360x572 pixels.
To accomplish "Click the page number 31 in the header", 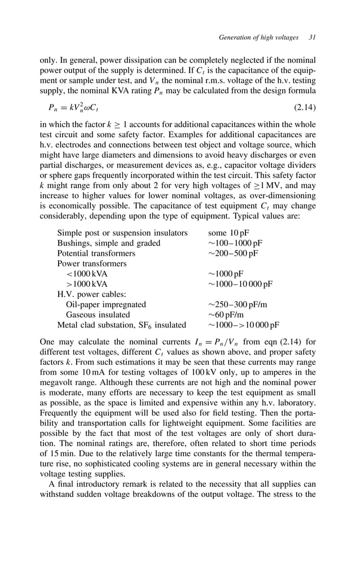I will pyautogui.click(x=312, y=38).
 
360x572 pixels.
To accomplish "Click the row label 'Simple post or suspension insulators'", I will pyautogui.click(x=122, y=233).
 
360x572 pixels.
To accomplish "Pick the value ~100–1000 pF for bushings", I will pyautogui.click(x=235, y=243).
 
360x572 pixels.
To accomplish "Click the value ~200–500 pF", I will pyautogui.click(x=232, y=253).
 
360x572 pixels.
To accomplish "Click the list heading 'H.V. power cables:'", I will pyautogui.click(x=91, y=294).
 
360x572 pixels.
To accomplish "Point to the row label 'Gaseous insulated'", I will pyautogui.click(x=98, y=315).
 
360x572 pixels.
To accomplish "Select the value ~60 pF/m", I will pyautogui.click(x=226, y=315).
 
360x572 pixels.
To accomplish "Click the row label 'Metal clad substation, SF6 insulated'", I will pyautogui.click(x=121, y=325).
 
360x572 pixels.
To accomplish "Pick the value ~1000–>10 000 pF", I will pyautogui.click(x=243, y=325).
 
